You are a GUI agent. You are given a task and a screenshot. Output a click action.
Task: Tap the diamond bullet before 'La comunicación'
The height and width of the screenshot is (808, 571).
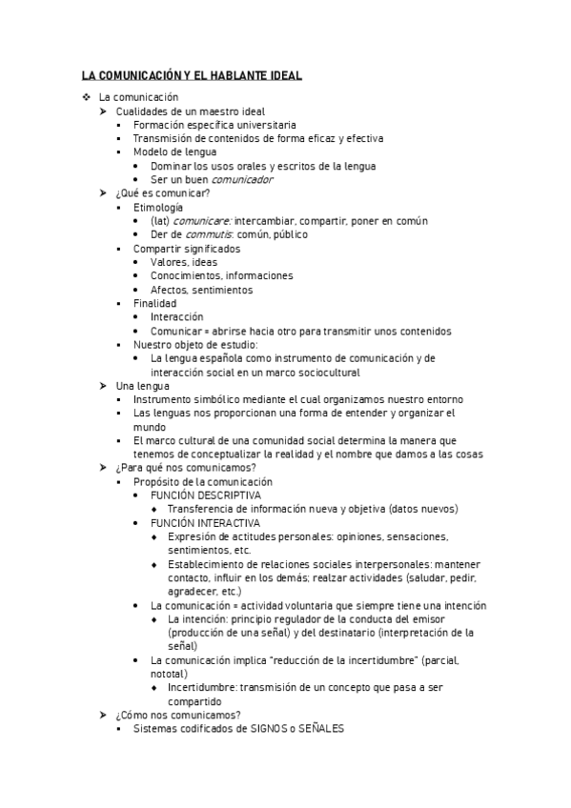point(86,97)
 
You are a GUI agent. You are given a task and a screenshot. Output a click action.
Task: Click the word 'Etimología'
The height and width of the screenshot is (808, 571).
point(158,207)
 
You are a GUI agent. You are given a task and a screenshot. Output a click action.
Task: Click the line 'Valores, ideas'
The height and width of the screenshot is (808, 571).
point(182,262)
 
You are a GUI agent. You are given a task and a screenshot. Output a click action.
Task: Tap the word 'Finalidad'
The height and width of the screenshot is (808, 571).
point(155,303)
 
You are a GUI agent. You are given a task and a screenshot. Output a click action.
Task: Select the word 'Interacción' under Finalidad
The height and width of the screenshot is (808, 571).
point(176,317)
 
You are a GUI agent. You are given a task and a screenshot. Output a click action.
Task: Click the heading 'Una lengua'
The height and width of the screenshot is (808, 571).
point(142,386)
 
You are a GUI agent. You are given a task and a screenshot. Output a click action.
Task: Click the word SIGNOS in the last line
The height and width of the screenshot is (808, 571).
point(272,729)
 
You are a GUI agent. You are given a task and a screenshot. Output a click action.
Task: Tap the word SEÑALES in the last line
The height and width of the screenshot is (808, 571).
point(320,729)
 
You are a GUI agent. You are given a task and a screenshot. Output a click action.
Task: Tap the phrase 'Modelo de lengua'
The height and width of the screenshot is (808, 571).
point(174,152)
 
